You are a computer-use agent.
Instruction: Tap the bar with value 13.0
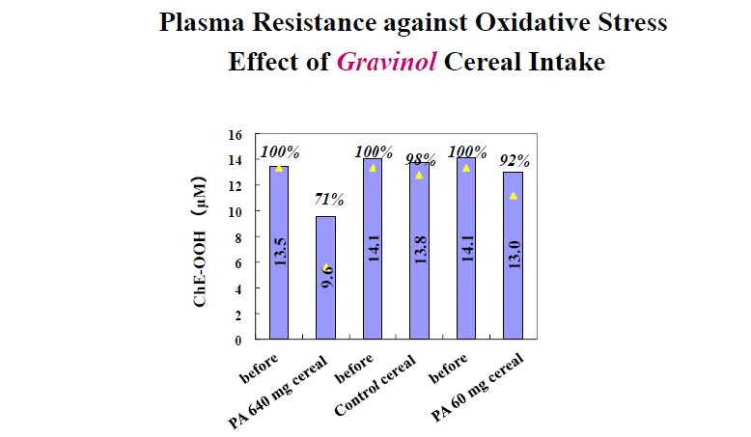[513, 256]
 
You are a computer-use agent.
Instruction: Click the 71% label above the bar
[330, 200]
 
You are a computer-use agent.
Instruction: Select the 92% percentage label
[514, 159]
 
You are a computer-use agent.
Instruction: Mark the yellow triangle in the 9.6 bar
[326, 267]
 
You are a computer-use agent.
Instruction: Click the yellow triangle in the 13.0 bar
[514, 195]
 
